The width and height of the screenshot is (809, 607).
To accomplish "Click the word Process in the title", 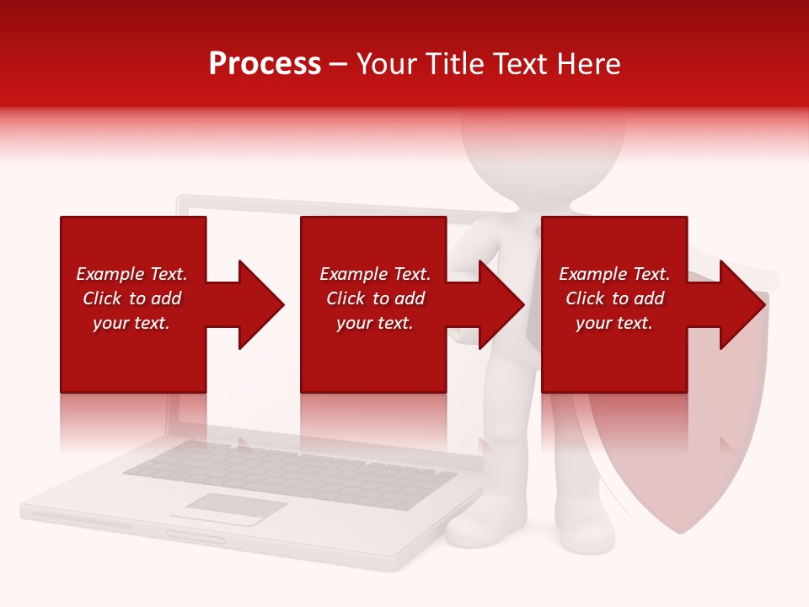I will [x=265, y=64].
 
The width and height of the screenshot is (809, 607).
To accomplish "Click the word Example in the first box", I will [x=110, y=274].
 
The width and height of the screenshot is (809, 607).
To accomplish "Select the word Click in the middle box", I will [x=344, y=298].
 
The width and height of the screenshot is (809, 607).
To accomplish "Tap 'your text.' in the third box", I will [x=614, y=323].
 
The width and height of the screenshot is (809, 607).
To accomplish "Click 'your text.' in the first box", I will [x=131, y=323].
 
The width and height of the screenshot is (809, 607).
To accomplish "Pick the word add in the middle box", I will [x=410, y=298].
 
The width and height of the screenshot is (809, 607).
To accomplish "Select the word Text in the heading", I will [x=521, y=64].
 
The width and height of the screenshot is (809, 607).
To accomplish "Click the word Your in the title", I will [x=388, y=64].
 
